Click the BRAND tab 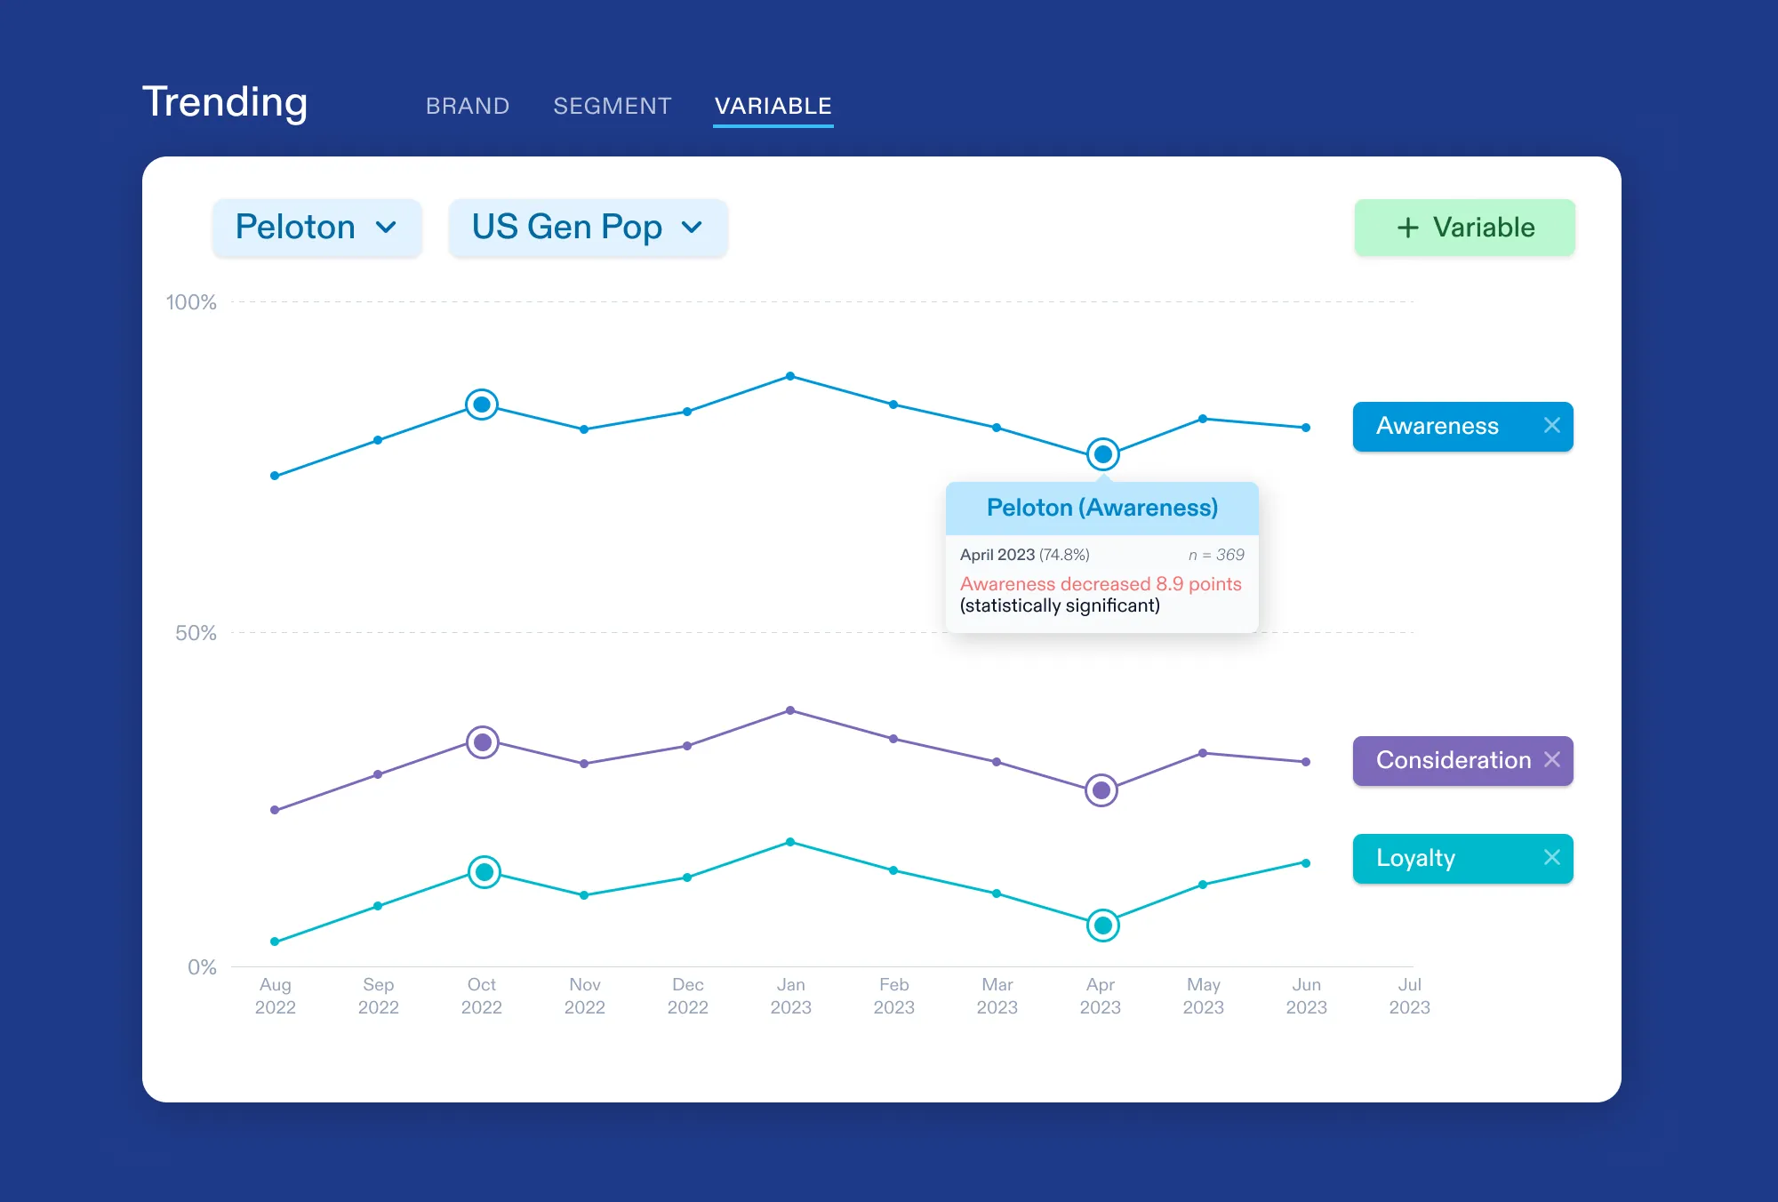click(468, 106)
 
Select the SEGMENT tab click(612, 106)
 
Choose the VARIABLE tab click(773, 106)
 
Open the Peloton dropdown click(316, 228)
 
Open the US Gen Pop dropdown click(588, 228)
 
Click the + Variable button click(1464, 228)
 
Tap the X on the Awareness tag click(1551, 426)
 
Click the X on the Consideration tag click(1552, 760)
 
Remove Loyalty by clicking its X click(1551, 858)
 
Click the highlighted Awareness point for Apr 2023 click(1102, 454)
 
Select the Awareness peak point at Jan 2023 click(790, 376)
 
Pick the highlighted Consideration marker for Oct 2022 click(483, 742)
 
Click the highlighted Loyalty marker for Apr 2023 click(1102, 926)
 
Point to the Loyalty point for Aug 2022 click(275, 942)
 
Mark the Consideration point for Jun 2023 click(1306, 762)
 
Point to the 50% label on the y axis click(196, 633)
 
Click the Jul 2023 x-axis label click(1409, 996)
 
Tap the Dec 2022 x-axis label click(687, 996)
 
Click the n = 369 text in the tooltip click(1216, 555)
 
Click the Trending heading click(225, 102)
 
